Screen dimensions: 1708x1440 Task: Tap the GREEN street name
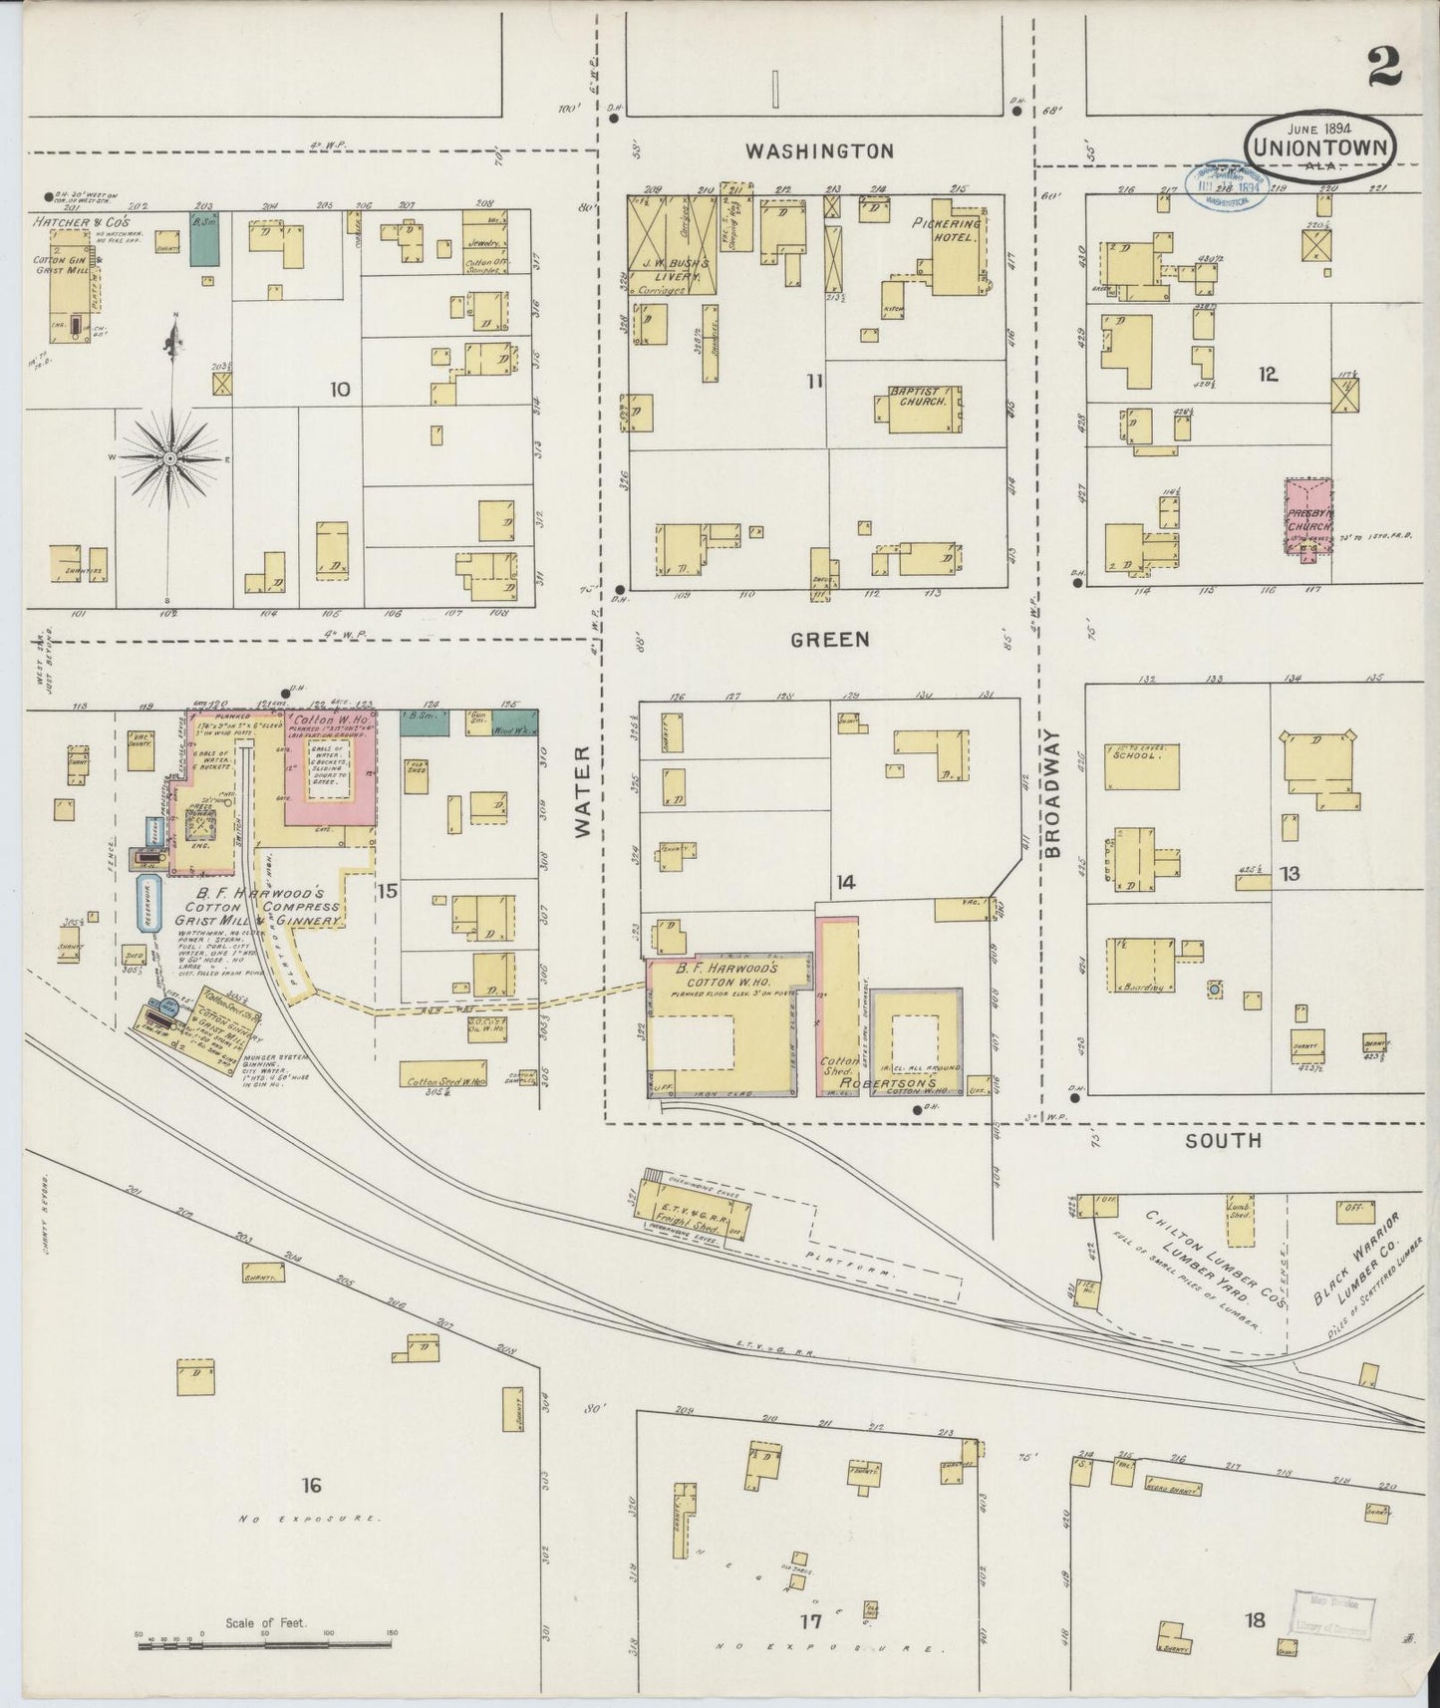[x=830, y=640]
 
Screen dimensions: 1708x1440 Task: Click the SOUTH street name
[x=1223, y=1140]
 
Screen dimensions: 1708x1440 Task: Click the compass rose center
[x=170, y=457]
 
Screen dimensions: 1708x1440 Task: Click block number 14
[x=846, y=882]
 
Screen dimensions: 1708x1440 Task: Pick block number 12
[x=1267, y=375]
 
